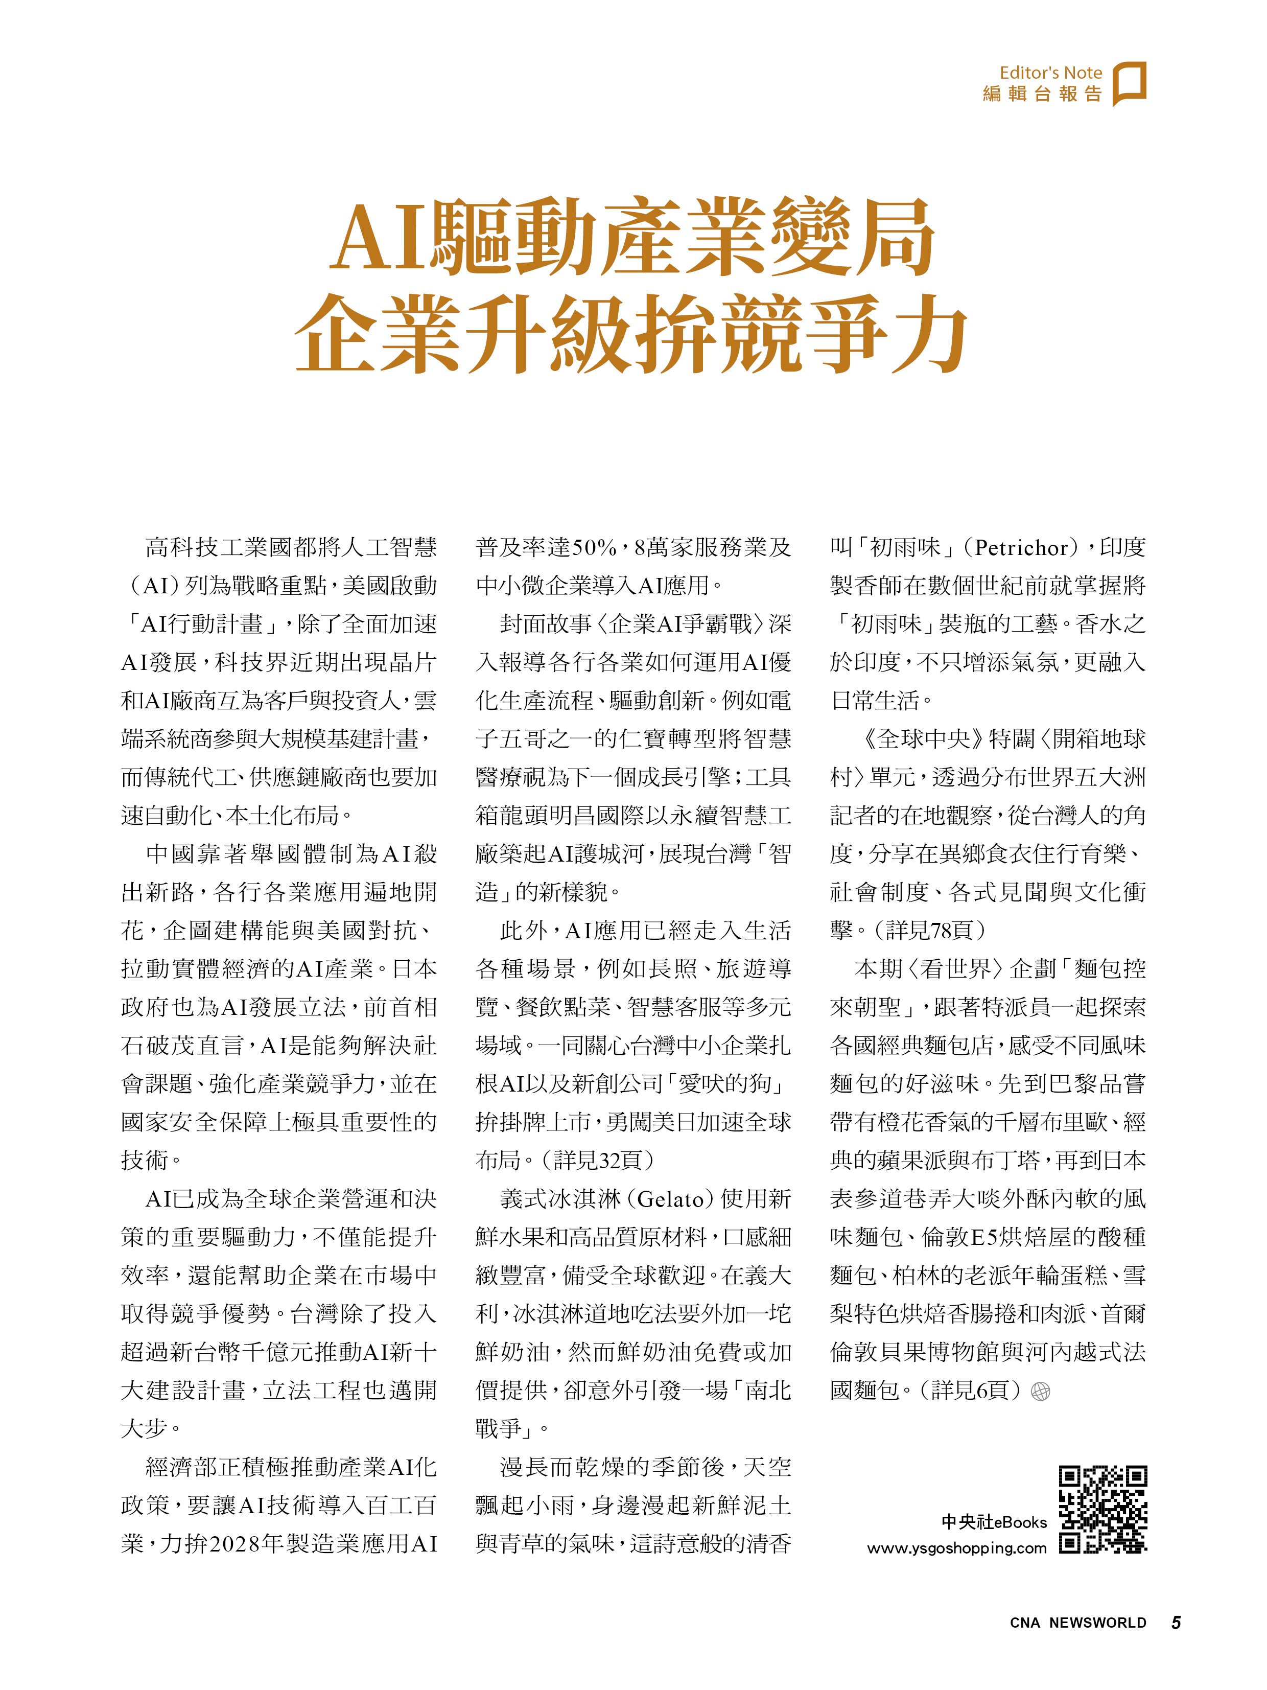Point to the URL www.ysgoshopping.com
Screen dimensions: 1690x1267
(956, 1548)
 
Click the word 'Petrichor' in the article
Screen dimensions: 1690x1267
(1021, 548)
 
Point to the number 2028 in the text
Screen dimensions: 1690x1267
(234, 1544)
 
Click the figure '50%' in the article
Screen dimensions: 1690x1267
(594, 548)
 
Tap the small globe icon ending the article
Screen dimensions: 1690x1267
(1040, 1391)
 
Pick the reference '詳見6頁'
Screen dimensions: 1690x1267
(970, 1391)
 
